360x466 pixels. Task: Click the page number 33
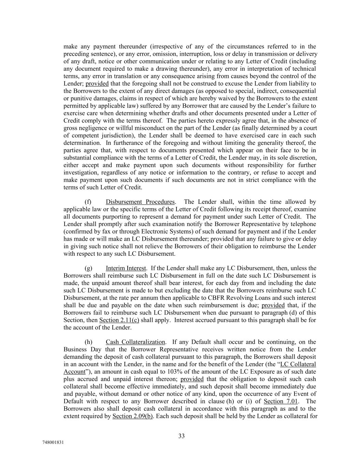pos(181,436)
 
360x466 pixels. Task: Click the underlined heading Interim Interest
pos(126,268)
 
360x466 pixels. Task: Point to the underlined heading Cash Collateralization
pos(135,342)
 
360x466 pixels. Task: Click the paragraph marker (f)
pos(88,202)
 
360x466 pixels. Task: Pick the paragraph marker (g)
pos(88,268)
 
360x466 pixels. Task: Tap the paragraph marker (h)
pos(88,342)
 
